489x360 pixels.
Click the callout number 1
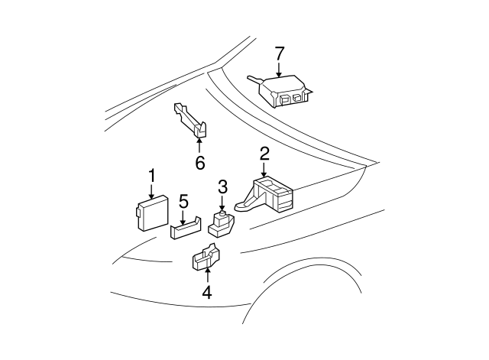(151, 176)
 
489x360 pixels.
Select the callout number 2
(264, 154)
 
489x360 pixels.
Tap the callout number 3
(222, 186)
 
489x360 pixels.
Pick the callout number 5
(183, 201)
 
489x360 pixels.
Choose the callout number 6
(199, 162)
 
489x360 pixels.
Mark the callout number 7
(280, 53)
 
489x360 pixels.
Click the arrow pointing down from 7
(280, 70)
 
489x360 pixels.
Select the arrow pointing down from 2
(264, 170)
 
